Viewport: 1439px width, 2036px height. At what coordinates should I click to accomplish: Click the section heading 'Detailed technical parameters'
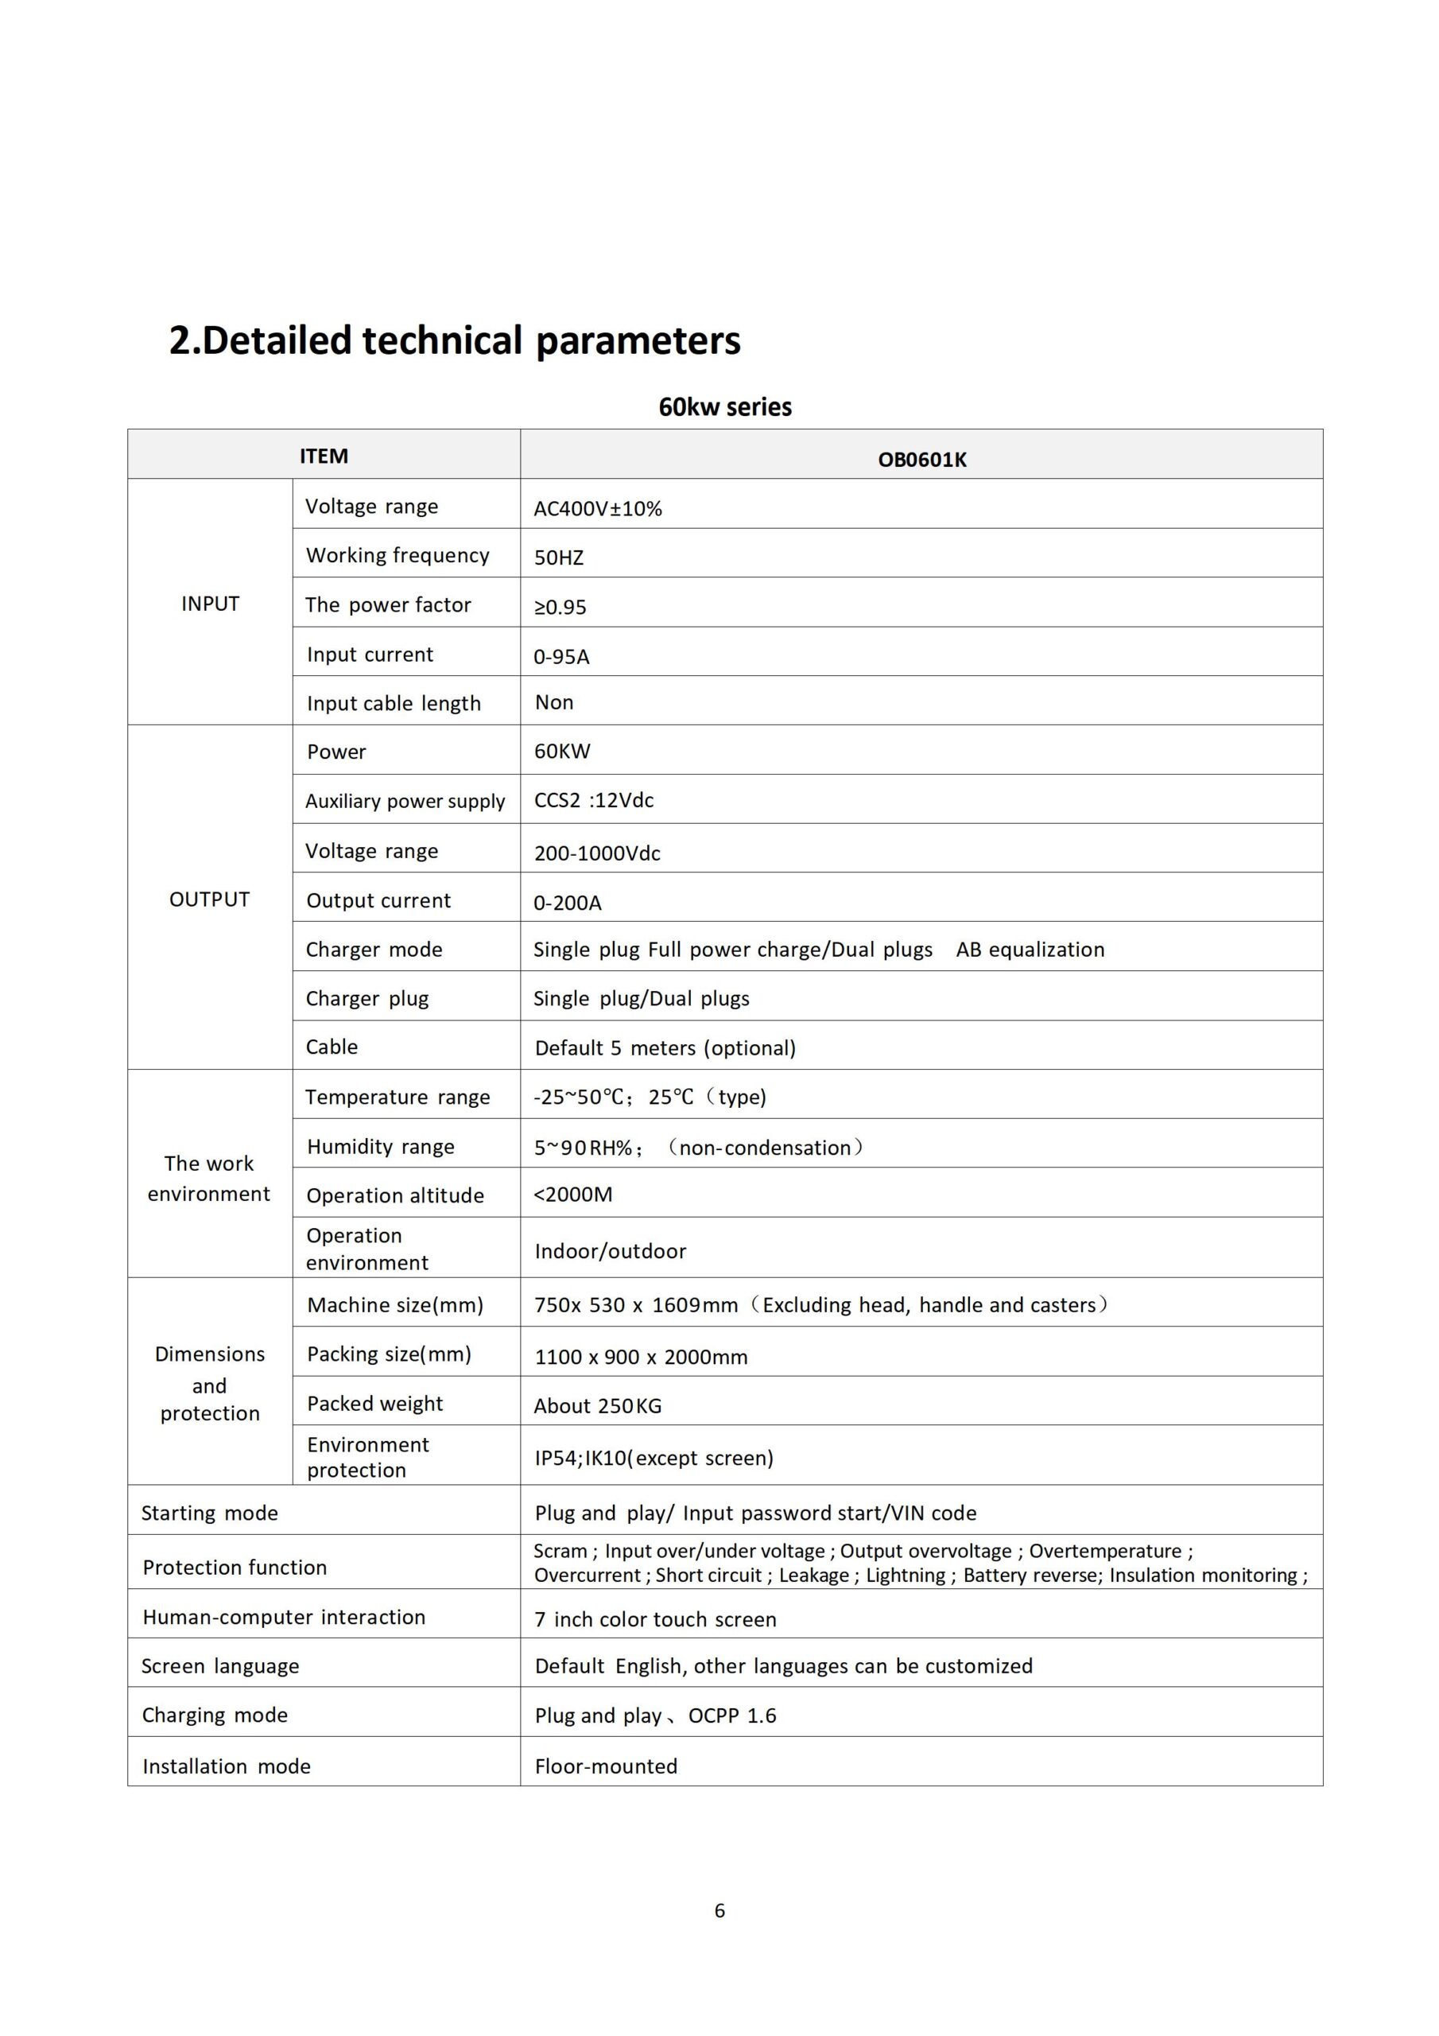click(x=454, y=340)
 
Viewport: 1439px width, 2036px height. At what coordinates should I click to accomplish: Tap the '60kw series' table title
click(x=724, y=407)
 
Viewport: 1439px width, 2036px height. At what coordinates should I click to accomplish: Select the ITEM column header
click(x=324, y=456)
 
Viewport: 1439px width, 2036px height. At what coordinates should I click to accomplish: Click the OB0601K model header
click(x=921, y=460)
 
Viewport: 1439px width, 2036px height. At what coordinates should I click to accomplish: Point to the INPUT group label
click(x=210, y=604)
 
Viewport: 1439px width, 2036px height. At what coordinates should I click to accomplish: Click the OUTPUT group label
click(x=209, y=899)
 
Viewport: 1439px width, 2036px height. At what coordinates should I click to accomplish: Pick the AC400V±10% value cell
click(x=598, y=508)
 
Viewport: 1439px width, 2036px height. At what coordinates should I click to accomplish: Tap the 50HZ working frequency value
click(x=559, y=558)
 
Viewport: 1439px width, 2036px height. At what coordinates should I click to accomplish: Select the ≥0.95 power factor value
click(x=560, y=607)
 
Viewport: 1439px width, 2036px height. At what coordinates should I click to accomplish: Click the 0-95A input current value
click(x=561, y=656)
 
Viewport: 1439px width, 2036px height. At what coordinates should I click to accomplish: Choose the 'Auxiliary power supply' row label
click(x=405, y=801)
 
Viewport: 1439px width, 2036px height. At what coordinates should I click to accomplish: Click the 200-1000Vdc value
click(x=597, y=853)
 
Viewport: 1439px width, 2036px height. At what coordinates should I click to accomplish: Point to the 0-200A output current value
click(x=568, y=903)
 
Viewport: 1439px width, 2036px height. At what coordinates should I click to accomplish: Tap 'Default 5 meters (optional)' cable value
click(x=665, y=1048)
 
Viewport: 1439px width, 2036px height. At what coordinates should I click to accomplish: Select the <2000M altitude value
click(x=572, y=1195)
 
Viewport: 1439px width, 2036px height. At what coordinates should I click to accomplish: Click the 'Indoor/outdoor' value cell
click(x=610, y=1251)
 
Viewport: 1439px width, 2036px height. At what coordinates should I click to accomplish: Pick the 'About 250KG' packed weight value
click(x=598, y=1405)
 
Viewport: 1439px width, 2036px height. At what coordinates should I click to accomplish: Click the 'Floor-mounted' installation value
click(x=606, y=1766)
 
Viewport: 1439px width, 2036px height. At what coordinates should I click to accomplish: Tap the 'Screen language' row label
click(x=221, y=1666)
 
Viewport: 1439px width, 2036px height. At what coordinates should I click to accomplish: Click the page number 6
click(x=719, y=1911)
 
